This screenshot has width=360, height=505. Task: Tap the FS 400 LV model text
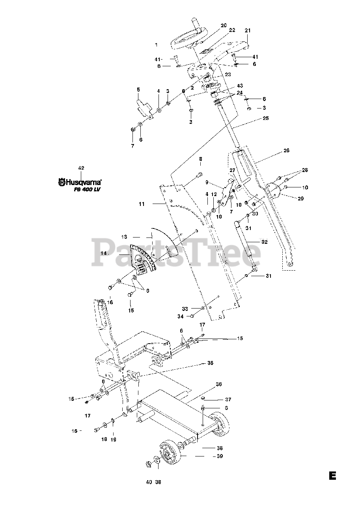[x=88, y=190]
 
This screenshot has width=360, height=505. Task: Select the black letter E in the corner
[x=332, y=475]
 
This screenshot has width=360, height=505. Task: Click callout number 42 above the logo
[x=81, y=168]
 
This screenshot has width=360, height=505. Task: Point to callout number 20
[x=224, y=25]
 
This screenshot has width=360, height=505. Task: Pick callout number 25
[x=265, y=118]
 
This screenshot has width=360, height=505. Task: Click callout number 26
[x=286, y=150]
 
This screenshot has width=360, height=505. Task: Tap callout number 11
[x=142, y=204]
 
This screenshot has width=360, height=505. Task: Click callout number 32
[x=264, y=242]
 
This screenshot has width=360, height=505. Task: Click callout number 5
[x=138, y=90]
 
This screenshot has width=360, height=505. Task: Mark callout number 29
[x=300, y=198]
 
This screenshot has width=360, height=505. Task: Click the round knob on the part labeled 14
[x=139, y=259]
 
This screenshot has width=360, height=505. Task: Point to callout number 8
[x=200, y=159]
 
